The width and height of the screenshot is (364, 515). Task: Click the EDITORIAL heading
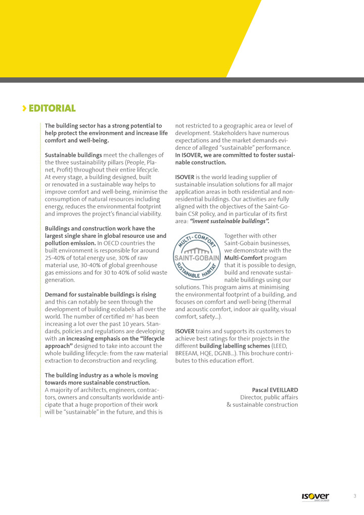tap(52, 108)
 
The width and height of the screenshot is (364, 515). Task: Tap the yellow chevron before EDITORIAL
tap(24, 108)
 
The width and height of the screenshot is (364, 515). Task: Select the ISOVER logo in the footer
tap(315, 497)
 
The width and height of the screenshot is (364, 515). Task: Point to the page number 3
tap(355, 496)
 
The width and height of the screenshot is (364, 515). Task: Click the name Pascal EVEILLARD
tap(275, 390)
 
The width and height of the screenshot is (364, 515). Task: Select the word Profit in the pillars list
tap(67, 169)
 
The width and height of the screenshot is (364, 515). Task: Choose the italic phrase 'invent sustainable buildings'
tap(229, 221)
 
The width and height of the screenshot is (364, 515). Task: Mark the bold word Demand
tap(57, 294)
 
